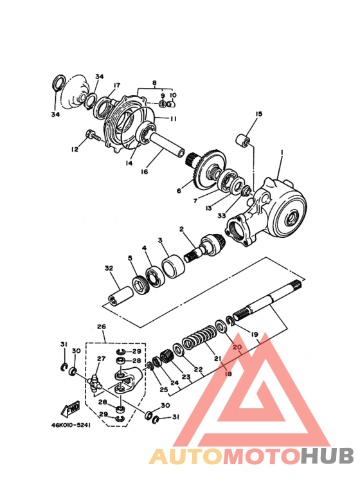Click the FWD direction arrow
pos(70,408)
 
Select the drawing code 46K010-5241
pos(71,425)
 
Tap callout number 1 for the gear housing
pos(282,153)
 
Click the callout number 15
pos(259,113)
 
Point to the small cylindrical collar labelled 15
pos(244,141)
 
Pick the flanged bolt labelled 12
pos(92,136)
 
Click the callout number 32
pos(109,268)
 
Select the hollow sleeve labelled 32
pos(121,296)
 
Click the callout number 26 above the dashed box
pos(102,326)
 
